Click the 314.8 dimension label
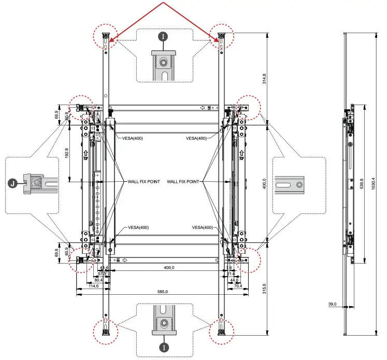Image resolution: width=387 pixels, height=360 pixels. [264, 78]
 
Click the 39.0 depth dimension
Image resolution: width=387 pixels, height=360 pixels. [332, 304]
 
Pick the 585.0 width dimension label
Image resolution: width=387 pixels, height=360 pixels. [162, 292]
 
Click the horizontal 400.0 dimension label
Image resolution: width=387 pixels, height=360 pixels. [169, 268]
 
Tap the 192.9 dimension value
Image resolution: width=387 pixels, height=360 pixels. [66, 153]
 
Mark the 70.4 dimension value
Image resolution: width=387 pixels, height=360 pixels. [238, 286]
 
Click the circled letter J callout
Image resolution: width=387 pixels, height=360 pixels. [13, 182]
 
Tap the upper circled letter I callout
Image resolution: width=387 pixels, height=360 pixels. [164, 37]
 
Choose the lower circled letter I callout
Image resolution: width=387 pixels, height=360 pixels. [164, 347]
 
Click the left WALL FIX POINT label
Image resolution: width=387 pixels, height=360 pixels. [141, 182]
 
